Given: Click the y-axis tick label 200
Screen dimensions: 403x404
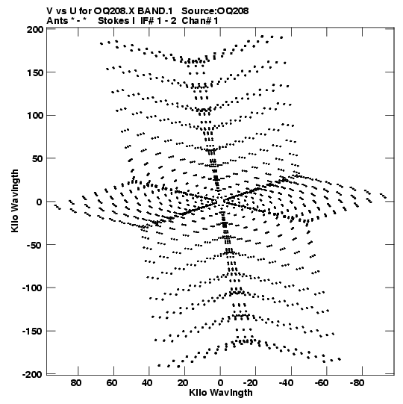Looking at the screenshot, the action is [35, 30].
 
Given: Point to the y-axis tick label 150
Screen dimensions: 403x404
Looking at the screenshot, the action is [35, 73].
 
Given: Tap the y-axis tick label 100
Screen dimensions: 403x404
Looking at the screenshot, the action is [35, 116].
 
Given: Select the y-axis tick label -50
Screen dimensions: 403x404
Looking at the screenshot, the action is [34, 245].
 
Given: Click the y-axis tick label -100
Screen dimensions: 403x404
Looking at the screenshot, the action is [32, 288].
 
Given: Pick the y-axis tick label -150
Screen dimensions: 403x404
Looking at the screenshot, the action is [32, 331].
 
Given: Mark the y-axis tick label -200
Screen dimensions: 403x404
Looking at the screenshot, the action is [32, 374].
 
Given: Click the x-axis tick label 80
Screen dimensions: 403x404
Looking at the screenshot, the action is [75, 383].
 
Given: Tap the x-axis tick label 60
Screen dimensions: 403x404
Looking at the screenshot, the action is [111, 383].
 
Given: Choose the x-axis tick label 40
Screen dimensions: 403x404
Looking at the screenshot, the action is [147, 383].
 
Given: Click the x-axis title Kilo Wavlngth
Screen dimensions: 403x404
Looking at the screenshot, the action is [221, 393].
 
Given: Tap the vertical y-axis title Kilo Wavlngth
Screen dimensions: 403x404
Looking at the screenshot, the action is [15, 201].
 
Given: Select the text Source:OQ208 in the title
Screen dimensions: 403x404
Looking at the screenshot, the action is [215, 11].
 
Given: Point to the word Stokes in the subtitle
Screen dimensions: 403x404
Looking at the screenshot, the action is [114, 21].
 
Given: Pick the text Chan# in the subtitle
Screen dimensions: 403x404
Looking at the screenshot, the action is [196, 21].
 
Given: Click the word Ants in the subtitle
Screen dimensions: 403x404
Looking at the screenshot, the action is [57, 21].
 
